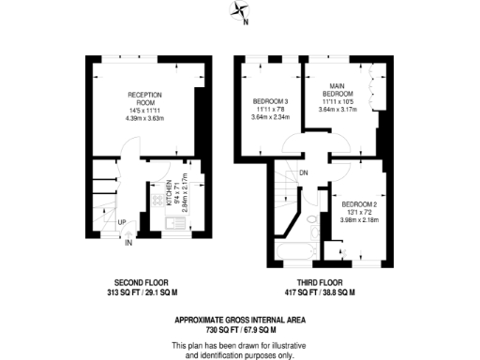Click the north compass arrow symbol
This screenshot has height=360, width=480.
click(241, 12)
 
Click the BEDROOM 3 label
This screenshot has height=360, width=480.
click(271, 101)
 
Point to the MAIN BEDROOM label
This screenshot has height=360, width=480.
click(337, 90)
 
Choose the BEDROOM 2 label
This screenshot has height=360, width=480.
click(358, 204)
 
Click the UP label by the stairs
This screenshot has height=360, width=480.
click(121, 222)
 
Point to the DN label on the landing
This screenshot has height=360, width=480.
click(303, 173)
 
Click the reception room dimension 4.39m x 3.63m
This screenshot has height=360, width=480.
click(145, 118)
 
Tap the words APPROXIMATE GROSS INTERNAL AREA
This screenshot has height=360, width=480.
click(239, 320)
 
